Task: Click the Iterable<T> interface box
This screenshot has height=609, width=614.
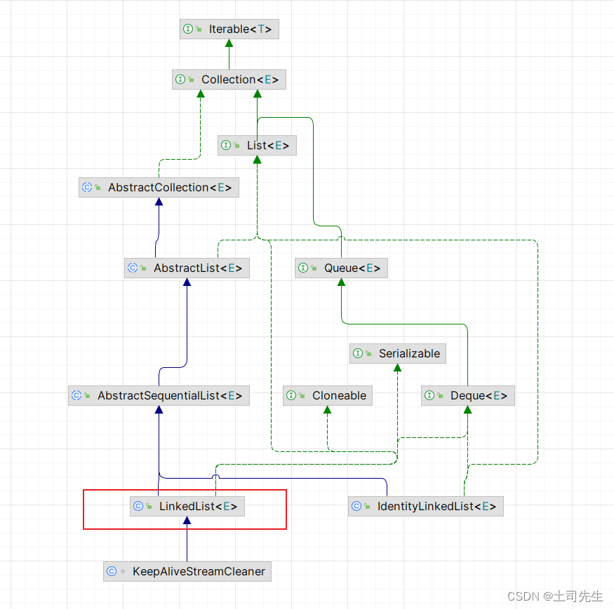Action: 229,29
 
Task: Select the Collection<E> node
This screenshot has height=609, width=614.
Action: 229,79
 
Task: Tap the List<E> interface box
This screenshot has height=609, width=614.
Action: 257,145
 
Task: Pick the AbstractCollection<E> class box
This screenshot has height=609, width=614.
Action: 159,187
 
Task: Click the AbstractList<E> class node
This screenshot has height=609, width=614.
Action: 187,268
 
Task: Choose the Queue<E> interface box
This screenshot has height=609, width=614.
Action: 341,268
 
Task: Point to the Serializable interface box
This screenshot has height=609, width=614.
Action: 398,353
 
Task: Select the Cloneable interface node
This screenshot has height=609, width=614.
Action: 328,395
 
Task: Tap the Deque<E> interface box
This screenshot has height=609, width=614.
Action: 468,395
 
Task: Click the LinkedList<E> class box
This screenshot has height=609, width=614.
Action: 187,506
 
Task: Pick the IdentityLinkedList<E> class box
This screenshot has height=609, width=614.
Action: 426,506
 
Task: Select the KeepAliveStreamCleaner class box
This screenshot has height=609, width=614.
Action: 187,571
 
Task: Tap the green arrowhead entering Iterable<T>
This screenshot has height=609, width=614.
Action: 229,43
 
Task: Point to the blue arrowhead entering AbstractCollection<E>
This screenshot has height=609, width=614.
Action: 159,202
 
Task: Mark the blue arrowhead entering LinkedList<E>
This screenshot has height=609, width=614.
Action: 187,521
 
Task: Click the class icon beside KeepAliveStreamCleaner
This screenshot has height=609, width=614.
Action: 112,571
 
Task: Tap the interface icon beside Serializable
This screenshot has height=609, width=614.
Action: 358,353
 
